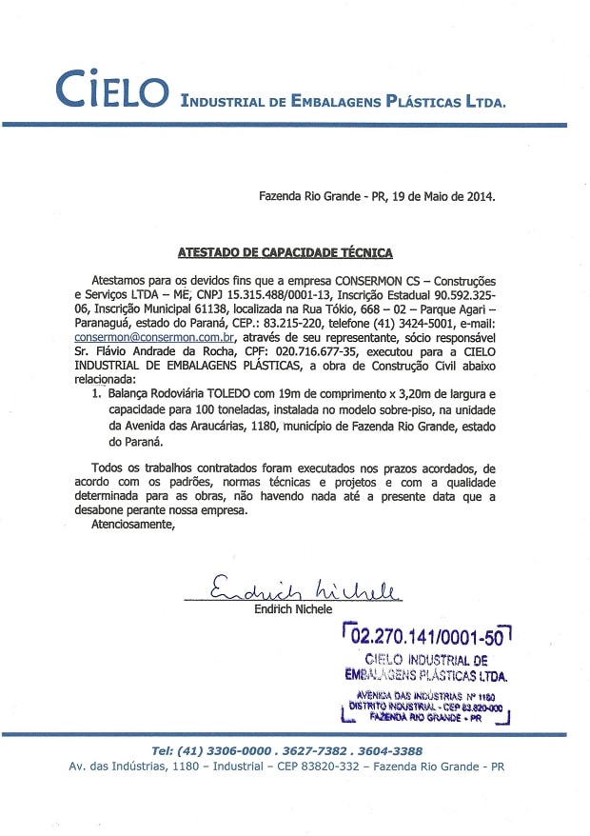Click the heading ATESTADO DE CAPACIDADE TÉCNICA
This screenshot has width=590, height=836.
285,252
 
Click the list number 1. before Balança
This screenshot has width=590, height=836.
96,390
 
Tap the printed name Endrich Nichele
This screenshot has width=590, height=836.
294,609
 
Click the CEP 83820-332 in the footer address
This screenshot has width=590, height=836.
302,766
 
